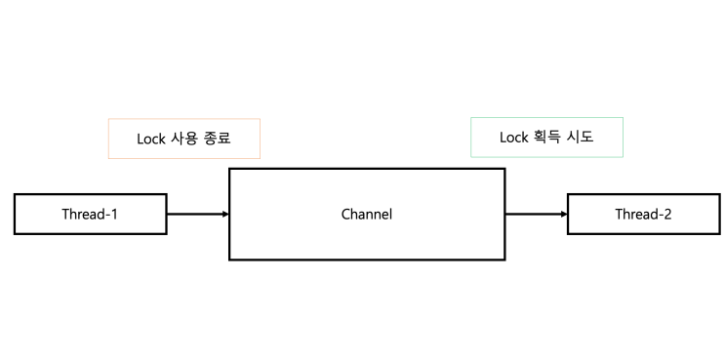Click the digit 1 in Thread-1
click(114, 215)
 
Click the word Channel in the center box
click(367, 215)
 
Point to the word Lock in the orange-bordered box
click(150, 139)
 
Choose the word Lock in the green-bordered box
click(513, 138)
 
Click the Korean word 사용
click(182, 139)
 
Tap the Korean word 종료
click(218, 139)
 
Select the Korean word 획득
click(545, 138)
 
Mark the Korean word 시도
click(581, 138)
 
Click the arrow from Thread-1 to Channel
click(198, 214)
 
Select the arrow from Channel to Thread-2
click(536, 214)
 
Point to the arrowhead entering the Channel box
click(225, 214)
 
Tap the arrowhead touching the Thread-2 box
click(564, 214)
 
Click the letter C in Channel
click(345, 215)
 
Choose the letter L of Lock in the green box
click(503, 138)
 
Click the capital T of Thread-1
click(66, 215)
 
